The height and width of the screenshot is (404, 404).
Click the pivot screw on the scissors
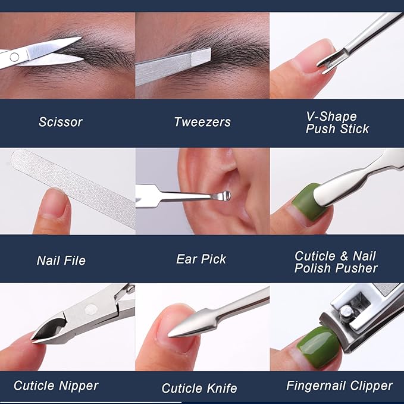click(14, 57)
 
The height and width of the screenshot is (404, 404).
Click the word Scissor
click(61, 122)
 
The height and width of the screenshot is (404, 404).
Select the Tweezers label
click(202, 122)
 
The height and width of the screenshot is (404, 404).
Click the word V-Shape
click(331, 117)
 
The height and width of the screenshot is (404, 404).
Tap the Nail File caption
click(61, 261)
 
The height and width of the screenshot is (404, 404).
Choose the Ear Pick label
click(201, 259)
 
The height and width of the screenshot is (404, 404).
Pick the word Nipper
click(79, 386)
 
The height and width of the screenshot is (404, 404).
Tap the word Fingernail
click(316, 386)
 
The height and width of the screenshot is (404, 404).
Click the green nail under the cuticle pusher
click(308, 202)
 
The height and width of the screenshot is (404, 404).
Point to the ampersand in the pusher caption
click(344, 256)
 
